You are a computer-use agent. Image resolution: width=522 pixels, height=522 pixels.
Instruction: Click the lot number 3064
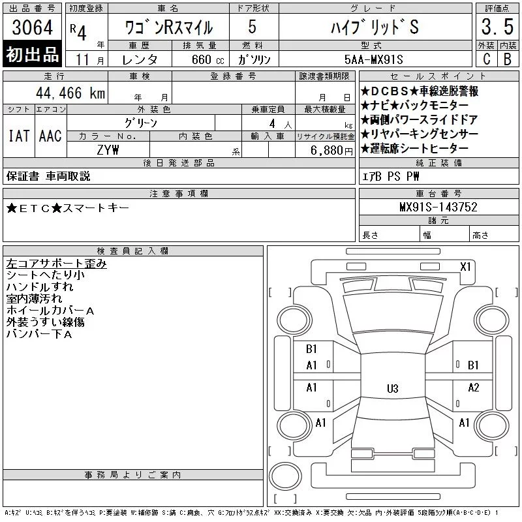click(x=32, y=27)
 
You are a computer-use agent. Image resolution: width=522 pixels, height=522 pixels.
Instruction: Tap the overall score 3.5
click(x=497, y=27)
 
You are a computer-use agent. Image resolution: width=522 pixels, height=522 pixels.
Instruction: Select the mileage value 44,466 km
click(x=70, y=93)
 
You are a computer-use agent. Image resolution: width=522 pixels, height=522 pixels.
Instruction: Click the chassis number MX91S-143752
click(x=438, y=207)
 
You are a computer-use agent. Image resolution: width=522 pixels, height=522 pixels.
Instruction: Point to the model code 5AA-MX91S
click(x=373, y=59)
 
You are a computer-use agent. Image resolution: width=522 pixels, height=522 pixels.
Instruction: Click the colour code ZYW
click(x=108, y=150)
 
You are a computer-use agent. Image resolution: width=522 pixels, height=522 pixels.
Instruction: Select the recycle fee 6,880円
click(x=331, y=151)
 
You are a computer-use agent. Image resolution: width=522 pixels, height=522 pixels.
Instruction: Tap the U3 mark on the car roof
click(x=393, y=388)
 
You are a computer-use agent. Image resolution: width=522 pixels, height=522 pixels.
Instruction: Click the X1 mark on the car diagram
click(x=465, y=267)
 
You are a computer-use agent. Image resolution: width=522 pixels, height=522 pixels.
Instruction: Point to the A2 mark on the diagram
click(x=474, y=388)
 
